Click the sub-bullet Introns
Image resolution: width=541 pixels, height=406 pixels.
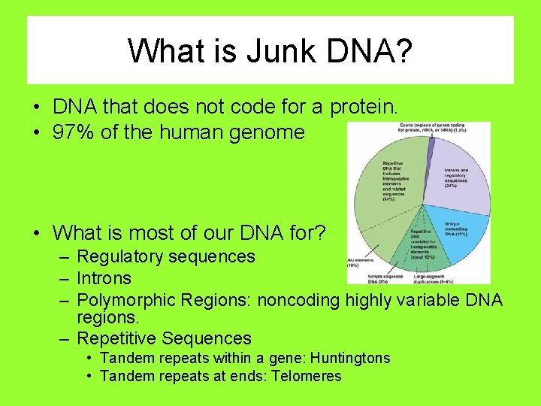pyautogui.click(x=104, y=278)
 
